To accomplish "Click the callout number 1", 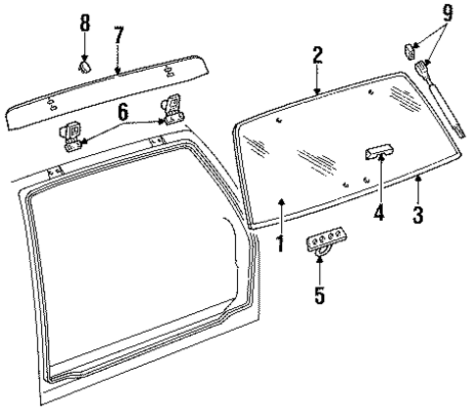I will [x=279, y=241].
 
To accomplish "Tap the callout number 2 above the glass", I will [x=317, y=56].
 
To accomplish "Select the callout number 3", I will [x=418, y=214].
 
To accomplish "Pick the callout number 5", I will [x=318, y=293].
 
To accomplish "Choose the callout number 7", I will [x=118, y=35].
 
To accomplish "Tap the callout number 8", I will [x=84, y=21].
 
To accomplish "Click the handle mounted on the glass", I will [x=378, y=151].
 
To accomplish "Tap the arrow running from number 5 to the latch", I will [x=319, y=269].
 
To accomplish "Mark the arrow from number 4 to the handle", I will [x=377, y=182].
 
